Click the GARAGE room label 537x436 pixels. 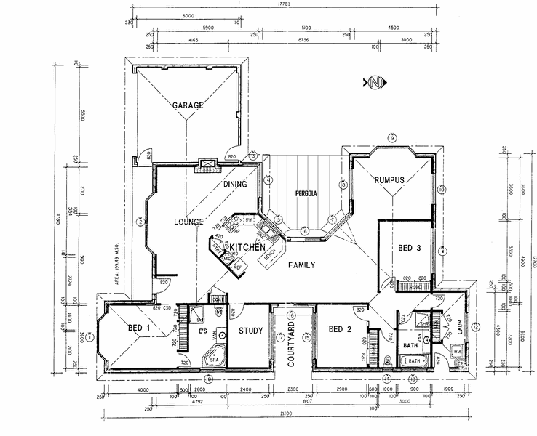[x=187, y=105]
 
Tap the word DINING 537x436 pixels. [x=235, y=184]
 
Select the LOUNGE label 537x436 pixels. [x=188, y=221]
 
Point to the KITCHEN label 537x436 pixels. [x=247, y=248]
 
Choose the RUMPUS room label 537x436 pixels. [x=389, y=179]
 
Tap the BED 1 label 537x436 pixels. [x=138, y=328]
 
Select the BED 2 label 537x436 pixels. [x=340, y=329]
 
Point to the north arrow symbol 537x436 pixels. [x=374, y=81]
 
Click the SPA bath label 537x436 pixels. [x=214, y=360]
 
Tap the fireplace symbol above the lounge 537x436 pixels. [x=208, y=165]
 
